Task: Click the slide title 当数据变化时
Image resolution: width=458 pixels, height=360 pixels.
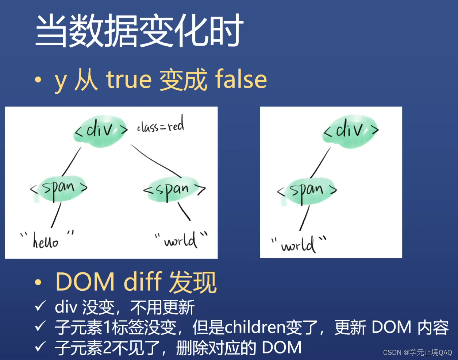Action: coord(139,31)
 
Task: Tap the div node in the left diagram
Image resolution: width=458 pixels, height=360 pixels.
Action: coord(101,130)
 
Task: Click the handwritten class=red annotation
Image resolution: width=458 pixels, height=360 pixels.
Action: coord(161,125)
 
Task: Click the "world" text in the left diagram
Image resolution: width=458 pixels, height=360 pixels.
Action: coord(181,240)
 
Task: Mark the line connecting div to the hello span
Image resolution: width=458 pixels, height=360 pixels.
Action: coord(72,161)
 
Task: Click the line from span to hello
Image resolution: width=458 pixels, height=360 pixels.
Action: coord(56,216)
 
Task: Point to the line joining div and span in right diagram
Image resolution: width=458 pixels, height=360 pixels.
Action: coord(320,163)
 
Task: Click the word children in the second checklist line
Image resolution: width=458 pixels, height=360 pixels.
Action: coord(255,327)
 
